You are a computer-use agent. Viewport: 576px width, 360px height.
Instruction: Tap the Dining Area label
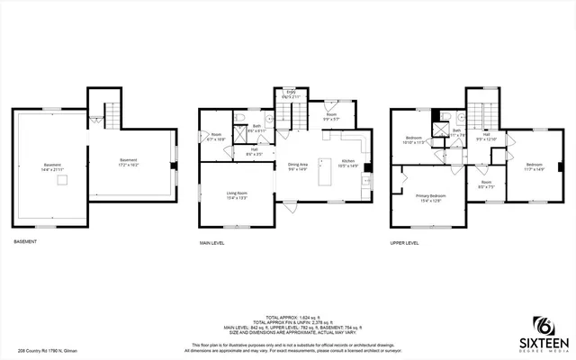(x=298, y=167)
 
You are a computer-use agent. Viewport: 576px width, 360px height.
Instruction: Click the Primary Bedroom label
(x=430, y=198)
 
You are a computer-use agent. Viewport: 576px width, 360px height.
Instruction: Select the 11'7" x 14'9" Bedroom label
(x=535, y=166)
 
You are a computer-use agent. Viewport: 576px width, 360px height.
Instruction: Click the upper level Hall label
(x=486, y=138)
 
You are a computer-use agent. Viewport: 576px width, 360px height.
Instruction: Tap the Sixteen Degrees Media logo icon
(x=544, y=326)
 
